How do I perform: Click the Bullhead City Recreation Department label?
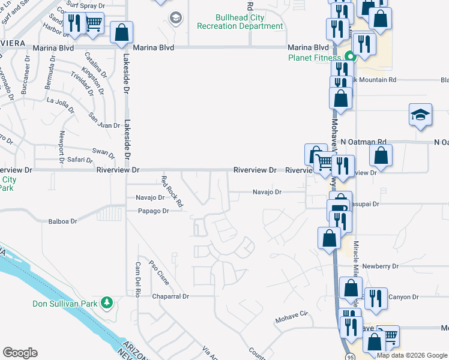240,22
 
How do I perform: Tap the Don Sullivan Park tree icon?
107,301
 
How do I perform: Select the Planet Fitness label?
313,58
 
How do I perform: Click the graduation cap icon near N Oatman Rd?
420,115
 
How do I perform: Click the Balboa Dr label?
63,221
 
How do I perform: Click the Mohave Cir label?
291,314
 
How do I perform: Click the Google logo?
20,353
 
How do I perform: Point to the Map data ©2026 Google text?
411,355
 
